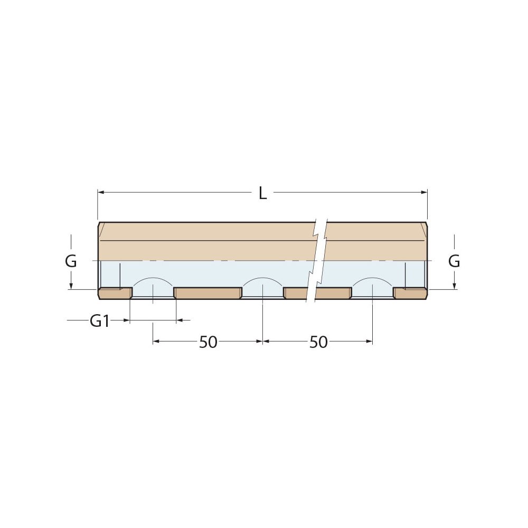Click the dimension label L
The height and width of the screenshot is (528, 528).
[262, 193]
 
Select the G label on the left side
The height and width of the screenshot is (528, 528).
[71, 261]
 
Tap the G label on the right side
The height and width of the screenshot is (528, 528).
[454, 261]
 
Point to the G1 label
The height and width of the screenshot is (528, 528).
[99, 320]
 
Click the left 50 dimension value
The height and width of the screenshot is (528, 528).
[208, 342]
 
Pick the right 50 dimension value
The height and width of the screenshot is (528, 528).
[318, 342]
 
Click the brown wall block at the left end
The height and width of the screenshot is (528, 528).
[115, 293]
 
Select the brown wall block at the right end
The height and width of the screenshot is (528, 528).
[410, 293]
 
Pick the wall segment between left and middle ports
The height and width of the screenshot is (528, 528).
[208, 293]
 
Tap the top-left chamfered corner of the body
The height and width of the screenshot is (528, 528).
[100, 224]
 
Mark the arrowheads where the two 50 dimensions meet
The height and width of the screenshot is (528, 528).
[263, 342]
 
